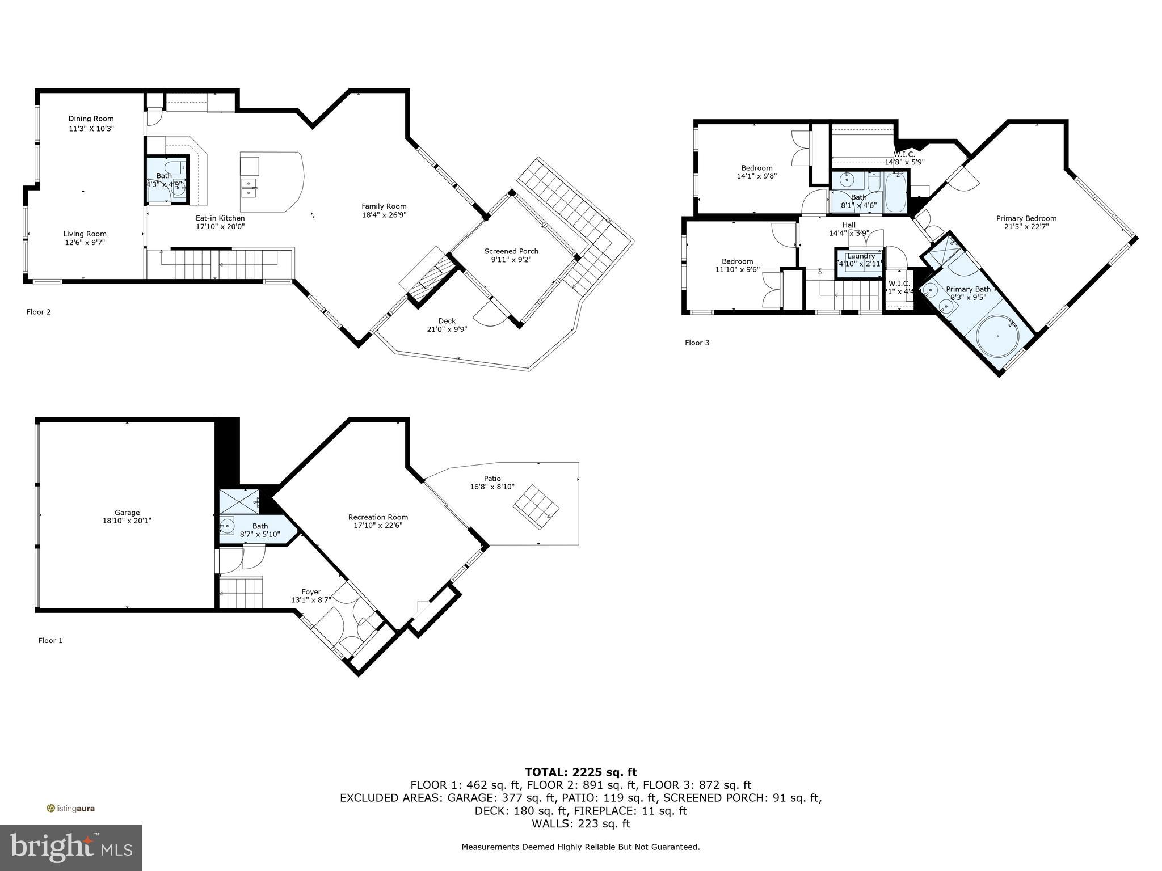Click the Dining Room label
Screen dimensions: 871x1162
(x=91, y=119)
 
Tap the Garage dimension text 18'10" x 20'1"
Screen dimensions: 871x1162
(x=127, y=521)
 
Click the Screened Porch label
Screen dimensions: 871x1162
(x=511, y=251)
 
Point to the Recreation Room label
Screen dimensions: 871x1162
(x=378, y=517)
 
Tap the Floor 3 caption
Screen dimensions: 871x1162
(x=697, y=343)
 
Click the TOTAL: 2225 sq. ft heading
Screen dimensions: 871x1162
(x=580, y=772)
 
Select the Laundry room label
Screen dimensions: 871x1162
(x=861, y=256)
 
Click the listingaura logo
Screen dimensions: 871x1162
(x=71, y=809)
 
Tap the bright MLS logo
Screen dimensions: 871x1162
(x=71, y=847)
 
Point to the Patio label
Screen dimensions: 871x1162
(x=492, y=479)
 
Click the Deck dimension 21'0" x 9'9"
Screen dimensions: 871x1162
(x=447, y=329)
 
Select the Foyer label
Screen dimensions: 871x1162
(x=311, y=592)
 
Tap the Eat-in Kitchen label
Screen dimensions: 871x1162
(x=220, y=218)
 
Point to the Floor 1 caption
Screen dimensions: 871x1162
(x=50, y=640)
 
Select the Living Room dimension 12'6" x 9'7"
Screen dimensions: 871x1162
(x=85, y=242)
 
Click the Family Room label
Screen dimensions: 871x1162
(x=384, y=206)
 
